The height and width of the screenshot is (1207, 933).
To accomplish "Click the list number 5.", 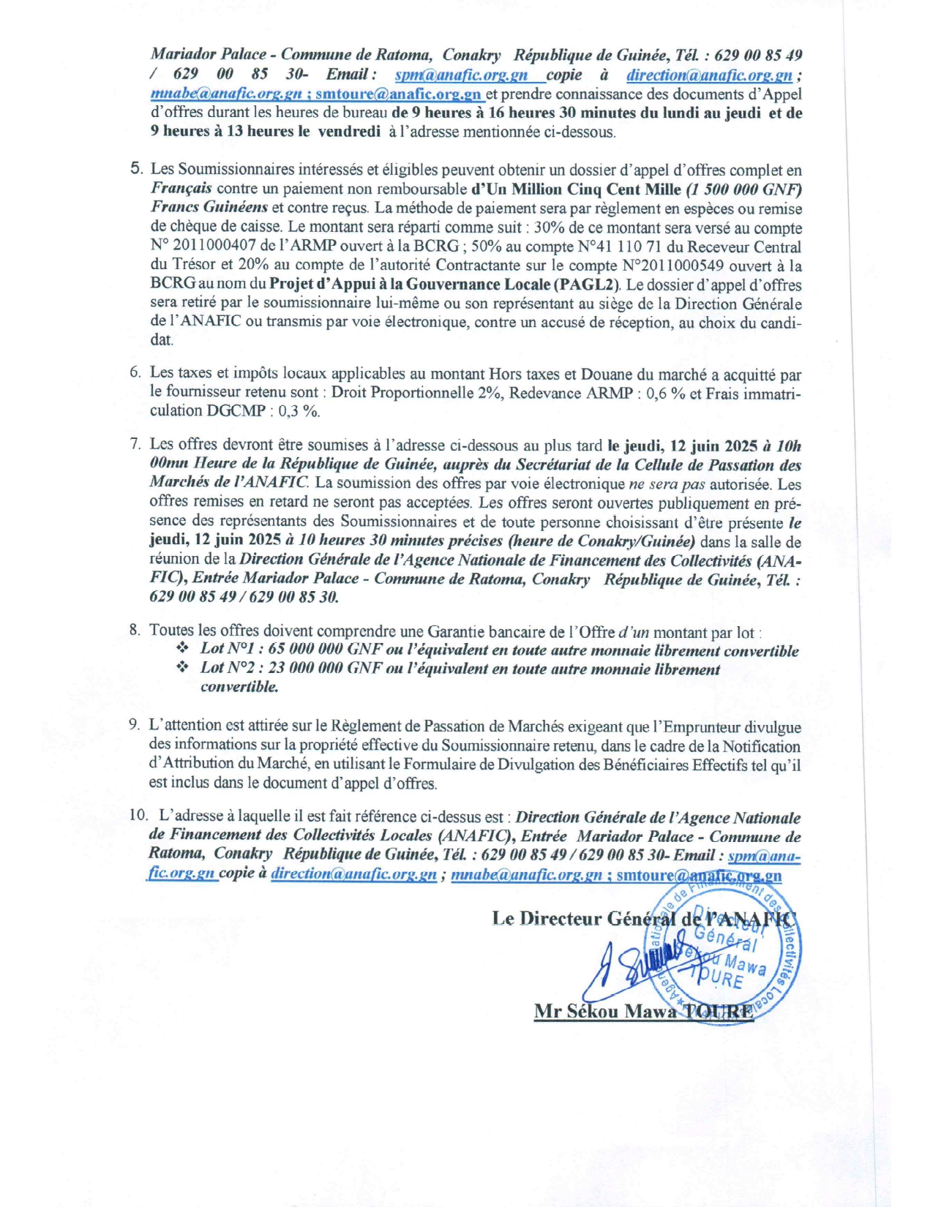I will click(136, 170).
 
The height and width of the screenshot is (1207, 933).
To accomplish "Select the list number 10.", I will click(138, 816).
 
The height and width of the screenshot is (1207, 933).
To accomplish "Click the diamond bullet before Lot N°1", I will click(182, 649).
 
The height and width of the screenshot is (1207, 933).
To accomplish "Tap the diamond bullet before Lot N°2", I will click(182, 668).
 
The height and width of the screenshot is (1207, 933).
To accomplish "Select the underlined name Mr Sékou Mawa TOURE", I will click(643, 1012).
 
